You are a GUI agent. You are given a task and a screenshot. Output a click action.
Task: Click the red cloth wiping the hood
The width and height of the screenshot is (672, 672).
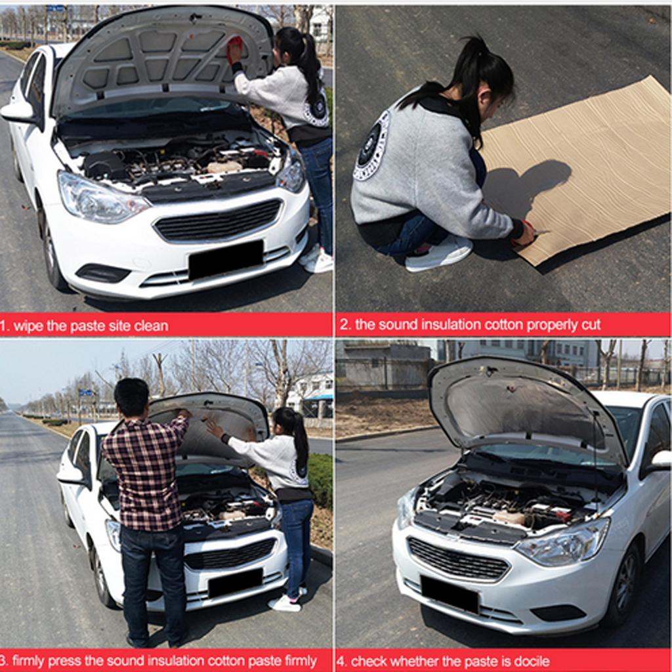click(x=234, y=47)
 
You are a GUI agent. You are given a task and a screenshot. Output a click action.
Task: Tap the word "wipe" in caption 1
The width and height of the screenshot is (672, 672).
click(x=29, y=326)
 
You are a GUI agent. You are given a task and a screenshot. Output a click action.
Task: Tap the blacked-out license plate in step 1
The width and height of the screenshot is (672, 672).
click(x=226, y=259)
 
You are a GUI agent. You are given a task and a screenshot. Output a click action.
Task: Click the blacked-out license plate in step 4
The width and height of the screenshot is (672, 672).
click(x=450, y=594)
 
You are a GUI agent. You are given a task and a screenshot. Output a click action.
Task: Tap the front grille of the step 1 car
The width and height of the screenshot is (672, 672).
click(x=219, y=220)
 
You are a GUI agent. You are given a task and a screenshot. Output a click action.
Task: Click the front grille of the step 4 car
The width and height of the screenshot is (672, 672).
click(x=458, y=558)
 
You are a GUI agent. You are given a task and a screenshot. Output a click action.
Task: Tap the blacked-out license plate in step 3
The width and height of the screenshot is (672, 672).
click(x=235, y=583)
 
